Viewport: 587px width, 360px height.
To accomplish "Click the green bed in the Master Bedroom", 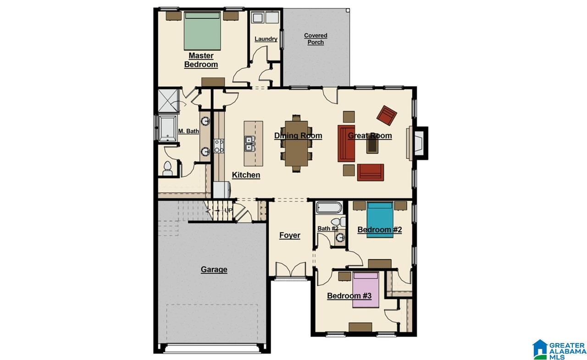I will [x=203, y=31].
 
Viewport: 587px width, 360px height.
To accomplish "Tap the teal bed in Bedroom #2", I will [x=380, y=220].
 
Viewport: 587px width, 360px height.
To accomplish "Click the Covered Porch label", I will [x=316, y=39].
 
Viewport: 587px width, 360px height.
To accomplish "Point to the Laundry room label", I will [x=266, y=39].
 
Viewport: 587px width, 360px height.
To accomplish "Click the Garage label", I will [x=214, y=270].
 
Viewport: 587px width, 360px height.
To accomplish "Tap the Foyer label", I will [x=290, y=235].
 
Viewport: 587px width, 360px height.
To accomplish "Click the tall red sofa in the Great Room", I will [x=347, y=143].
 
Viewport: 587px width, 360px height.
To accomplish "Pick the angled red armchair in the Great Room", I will [x=388, y=115].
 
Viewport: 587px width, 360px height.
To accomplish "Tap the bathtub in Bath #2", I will [x=329, y=208].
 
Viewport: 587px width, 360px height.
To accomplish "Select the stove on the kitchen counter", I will [x=219, y=146].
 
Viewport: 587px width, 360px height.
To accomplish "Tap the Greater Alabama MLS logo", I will [x=559, y=349].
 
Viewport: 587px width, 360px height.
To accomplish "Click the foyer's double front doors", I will [x=291, y=270].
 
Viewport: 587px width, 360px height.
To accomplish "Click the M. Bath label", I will [x=188, y=131].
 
